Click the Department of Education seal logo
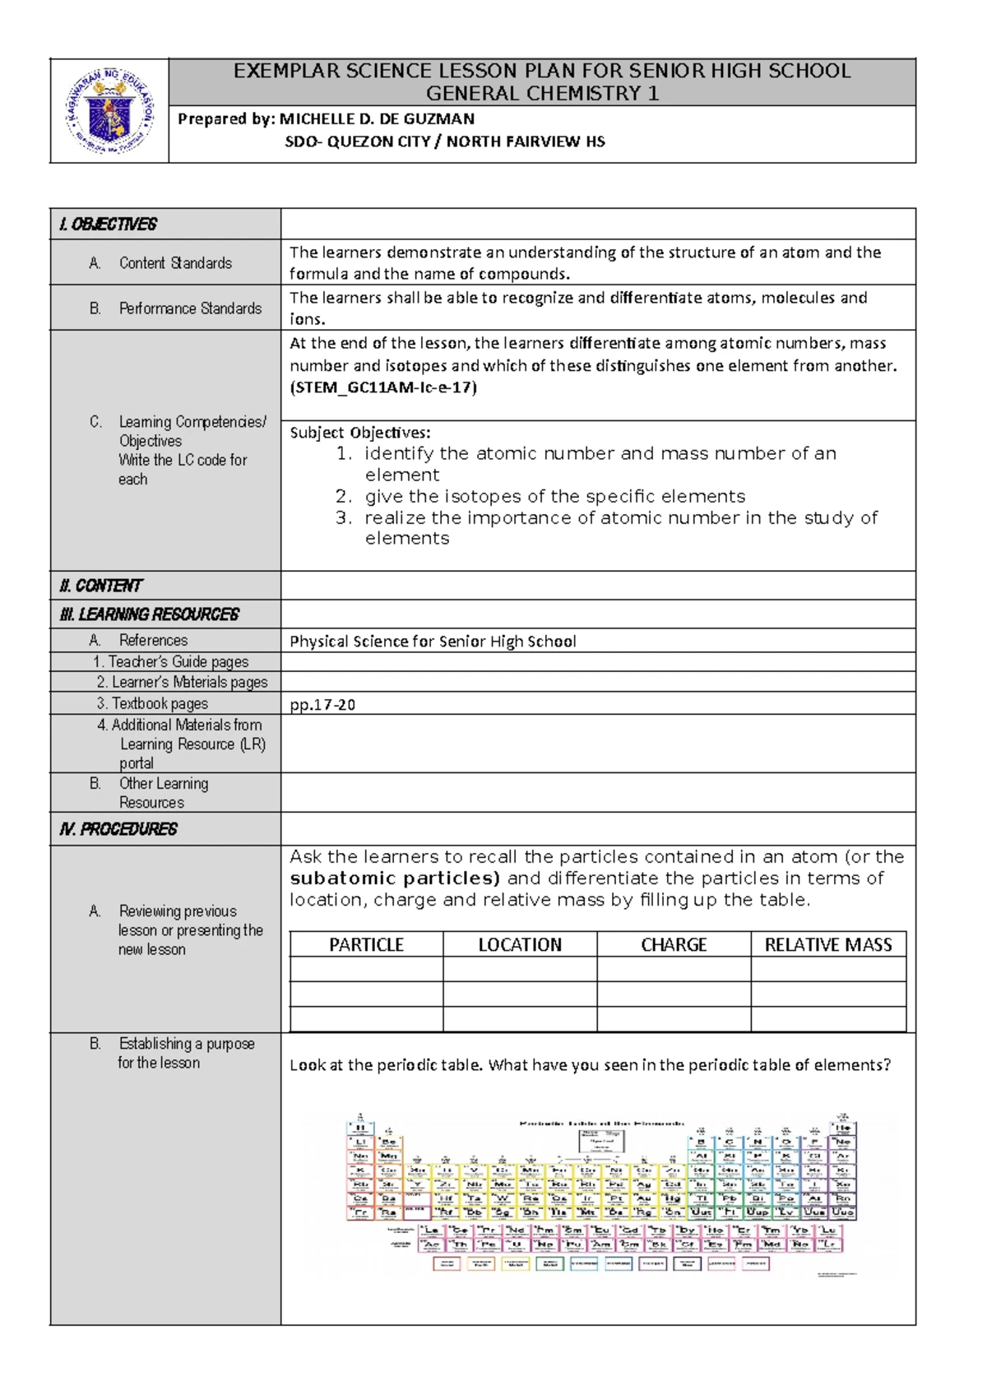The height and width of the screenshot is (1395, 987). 110,111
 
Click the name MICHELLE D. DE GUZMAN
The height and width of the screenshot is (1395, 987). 377,118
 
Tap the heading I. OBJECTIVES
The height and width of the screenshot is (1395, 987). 108,224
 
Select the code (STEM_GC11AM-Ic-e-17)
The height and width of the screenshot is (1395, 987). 382,387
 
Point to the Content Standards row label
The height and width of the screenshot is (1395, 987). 175,263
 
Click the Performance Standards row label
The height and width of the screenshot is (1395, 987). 190,308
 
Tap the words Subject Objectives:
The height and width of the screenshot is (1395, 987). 359,433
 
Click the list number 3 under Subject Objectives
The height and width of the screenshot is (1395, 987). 343,517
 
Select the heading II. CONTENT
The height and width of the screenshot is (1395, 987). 100,586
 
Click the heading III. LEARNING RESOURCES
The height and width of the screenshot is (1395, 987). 149,614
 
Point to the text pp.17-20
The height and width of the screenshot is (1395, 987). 322,704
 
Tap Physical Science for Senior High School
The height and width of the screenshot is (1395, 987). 433,642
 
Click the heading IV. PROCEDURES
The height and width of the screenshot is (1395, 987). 118,829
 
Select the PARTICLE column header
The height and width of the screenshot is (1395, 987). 366,945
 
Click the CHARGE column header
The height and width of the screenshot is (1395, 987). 674,945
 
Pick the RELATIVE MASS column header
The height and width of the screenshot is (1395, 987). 828,945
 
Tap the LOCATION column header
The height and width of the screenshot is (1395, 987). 520,945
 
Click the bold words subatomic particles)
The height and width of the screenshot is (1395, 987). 395,878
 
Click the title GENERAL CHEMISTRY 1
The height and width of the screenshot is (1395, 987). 542,93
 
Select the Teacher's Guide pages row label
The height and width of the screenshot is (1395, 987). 170,662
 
